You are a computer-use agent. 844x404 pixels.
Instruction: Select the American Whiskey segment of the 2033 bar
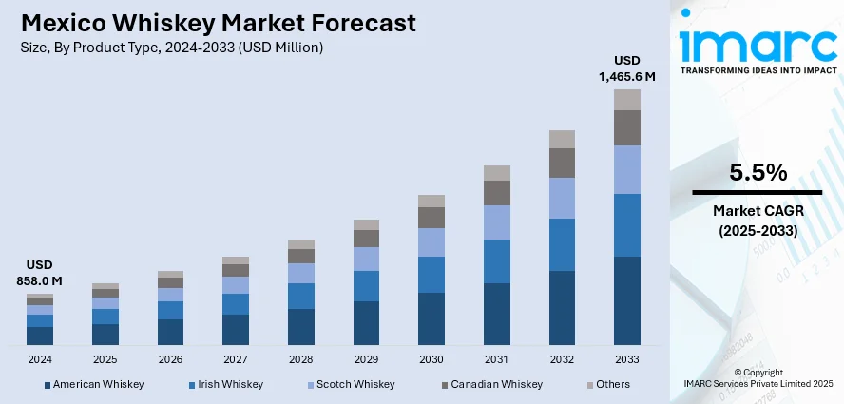[627, 300]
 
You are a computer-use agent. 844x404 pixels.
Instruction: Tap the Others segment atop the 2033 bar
[627, 100]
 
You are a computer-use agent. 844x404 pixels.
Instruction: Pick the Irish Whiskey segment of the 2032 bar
[563, 244]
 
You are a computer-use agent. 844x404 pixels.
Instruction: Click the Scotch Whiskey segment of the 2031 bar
[497, 222]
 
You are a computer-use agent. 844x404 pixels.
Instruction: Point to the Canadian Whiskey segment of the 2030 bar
[432, 218]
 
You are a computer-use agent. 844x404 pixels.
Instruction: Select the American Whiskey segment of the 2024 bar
[40, 336]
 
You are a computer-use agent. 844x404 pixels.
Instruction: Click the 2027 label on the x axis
[236, 359]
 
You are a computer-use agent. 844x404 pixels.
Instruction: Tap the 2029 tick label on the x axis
[367, 359]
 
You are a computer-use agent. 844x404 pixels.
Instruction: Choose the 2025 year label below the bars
[105, 359]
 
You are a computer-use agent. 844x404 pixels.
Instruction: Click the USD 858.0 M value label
[39, 273]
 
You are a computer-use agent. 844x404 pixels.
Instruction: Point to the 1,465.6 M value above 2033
[627, 74]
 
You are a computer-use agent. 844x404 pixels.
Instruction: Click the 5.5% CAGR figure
[757, 172]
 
